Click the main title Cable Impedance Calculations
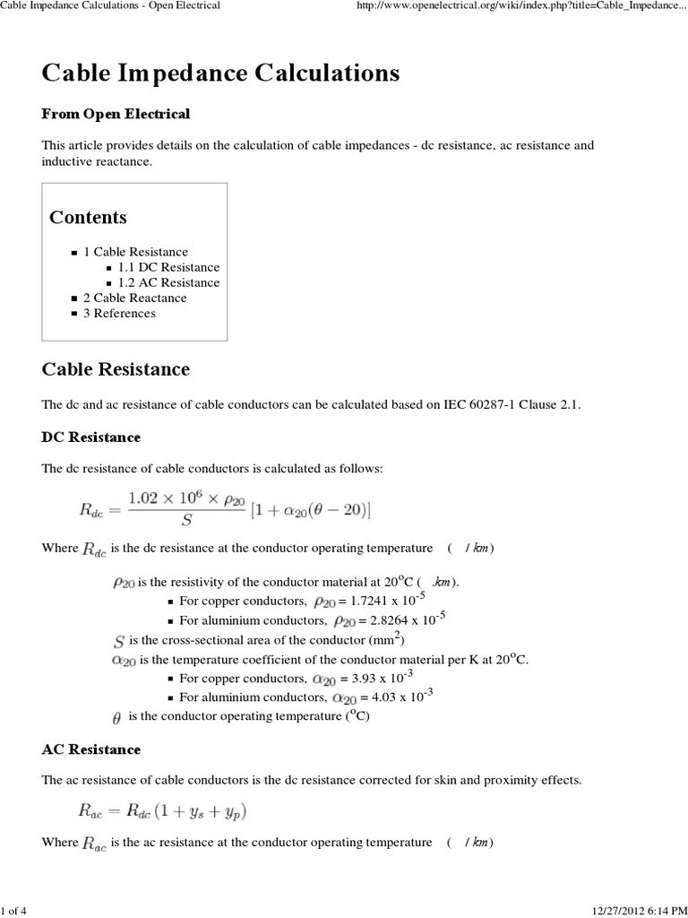pyautogui.click(x=220, y=74)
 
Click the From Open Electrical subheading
pyautogui.click(x=116, y=114)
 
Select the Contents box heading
pyautogui.click(x=88, y=217)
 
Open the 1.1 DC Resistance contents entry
pyautogui.click(x=168, y=267)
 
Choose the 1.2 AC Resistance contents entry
pyautogui.click(x=168, y=282)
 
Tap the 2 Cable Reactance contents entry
pyautogui.click(x=134, y=298)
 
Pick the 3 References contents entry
pyautogui.click(x=119, y=313)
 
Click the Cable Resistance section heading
pyautogui.click(x=116, y=369)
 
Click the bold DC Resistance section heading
pyautogui.click(x=90, y=437)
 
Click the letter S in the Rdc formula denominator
pyautogui.click(x=186, y=520)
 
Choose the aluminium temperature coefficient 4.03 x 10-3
pyautogui.click(x=394, y=697)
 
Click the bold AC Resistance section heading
pyautogui.click(x=90, y=749)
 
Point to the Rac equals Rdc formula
pyautogui.click(x=160, y=811)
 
